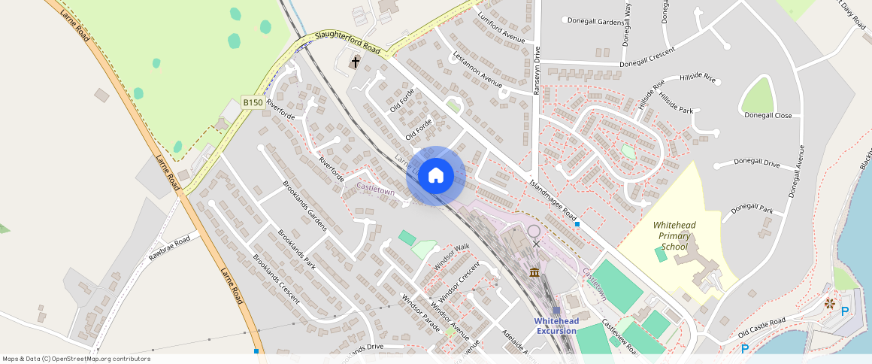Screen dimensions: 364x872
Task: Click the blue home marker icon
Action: click(436, 176)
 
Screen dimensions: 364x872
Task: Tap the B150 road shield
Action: click(252, 102)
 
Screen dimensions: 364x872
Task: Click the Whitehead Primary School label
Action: click(674, 235)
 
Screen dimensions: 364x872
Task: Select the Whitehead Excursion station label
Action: click(556, 326)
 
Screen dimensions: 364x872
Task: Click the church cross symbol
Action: click(355, 62)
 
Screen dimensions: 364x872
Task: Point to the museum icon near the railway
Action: click(534, 271)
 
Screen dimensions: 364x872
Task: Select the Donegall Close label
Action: click(768, 116)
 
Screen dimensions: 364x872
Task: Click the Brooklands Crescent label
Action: click(276, 278)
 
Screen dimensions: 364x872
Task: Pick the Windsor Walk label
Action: click(451, 257)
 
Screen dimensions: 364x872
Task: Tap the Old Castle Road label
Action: click(761, 326)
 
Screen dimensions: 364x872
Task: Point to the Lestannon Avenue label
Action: click(477, 69)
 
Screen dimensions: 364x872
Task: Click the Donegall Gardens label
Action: click(596, 21)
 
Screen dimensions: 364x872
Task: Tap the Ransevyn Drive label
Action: click(537, 68)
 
